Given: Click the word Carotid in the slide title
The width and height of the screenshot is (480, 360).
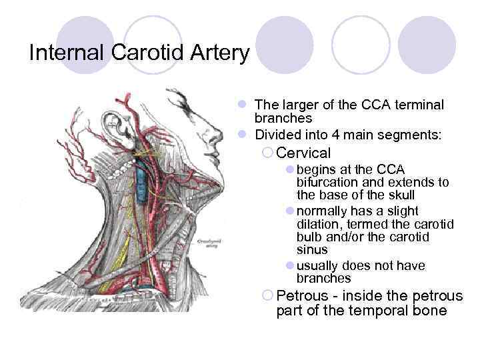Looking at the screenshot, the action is point(145,53).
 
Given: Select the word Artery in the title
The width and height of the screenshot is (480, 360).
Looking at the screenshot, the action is point(219,53).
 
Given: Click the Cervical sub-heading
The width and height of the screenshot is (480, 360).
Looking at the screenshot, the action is point(303,153).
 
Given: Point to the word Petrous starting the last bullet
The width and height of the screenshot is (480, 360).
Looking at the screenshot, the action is point(302,295).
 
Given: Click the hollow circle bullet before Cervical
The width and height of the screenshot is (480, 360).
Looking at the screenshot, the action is point(267,153).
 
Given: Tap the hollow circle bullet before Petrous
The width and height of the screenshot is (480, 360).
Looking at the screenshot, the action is point(267,295).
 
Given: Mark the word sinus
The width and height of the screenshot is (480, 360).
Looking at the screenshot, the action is point(312,250).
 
